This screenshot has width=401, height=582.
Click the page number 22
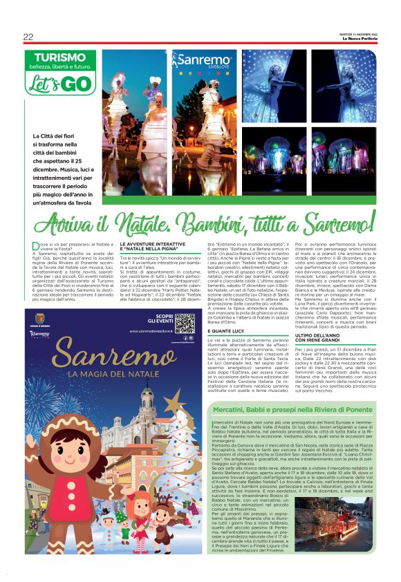pyautogui.click(x=28, y=37)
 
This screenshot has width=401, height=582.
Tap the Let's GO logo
pyautogui.click(x=60, y=84)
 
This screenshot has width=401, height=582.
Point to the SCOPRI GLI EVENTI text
pyautogui.click(x=160, y=319)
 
